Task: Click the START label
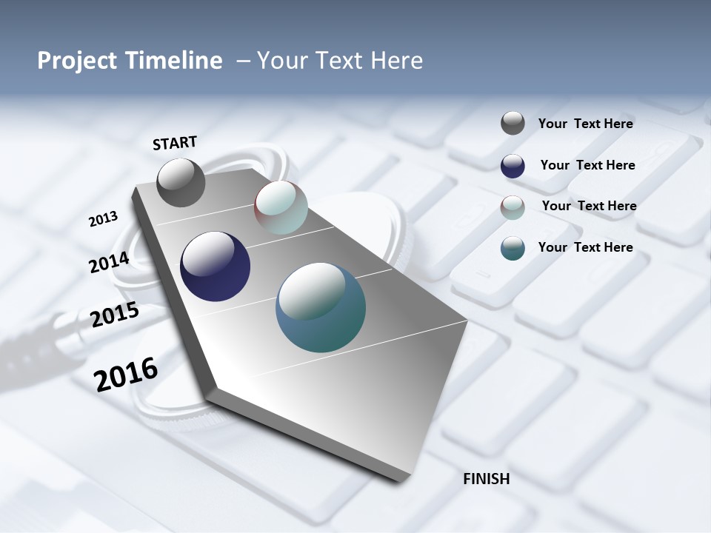175,143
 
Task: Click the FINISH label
486,479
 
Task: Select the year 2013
103,219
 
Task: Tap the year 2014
109,263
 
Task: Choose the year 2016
126,374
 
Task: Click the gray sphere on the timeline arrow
181,183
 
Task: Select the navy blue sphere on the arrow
215,266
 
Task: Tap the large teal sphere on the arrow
320,307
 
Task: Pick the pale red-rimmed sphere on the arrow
281,207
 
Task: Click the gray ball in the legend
513,124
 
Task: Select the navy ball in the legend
513,166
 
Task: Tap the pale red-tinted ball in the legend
513,207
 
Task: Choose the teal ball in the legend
513,248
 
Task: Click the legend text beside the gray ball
585,124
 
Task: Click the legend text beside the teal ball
585,247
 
